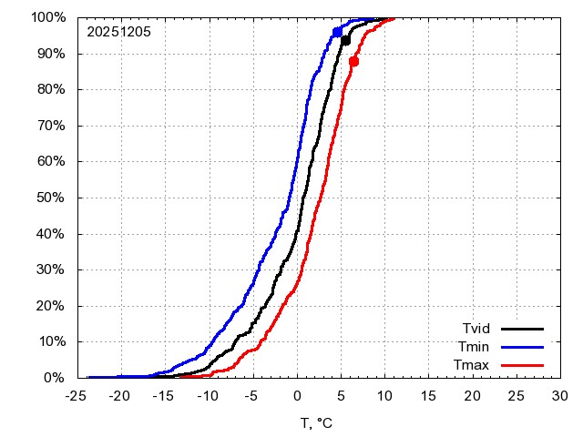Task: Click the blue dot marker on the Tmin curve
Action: (338, 32)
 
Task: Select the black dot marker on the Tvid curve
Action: (345, 40)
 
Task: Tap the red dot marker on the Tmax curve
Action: (353, 61)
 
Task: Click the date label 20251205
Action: (118, 31)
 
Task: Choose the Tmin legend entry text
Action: (476, 347)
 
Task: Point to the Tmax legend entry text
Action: (474, 365)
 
